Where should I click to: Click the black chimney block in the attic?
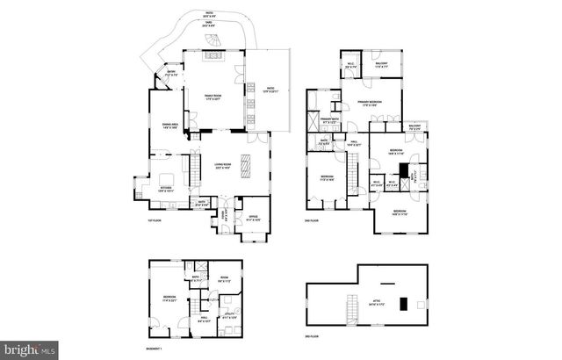point(404,305)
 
